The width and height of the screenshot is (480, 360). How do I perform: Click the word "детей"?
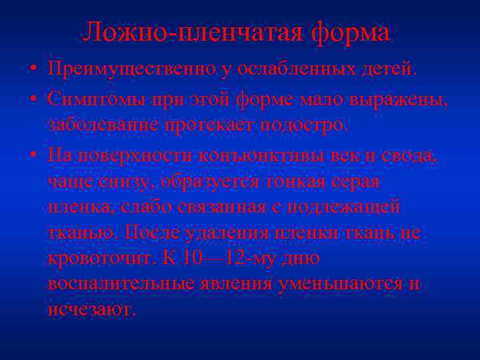pyautogui.click(x=389, y=69)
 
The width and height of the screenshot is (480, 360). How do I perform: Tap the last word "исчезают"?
pyautogui.click(x=91, y=310)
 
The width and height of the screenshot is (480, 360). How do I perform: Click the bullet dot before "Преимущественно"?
pyautogui.click(x=32, y=69)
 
